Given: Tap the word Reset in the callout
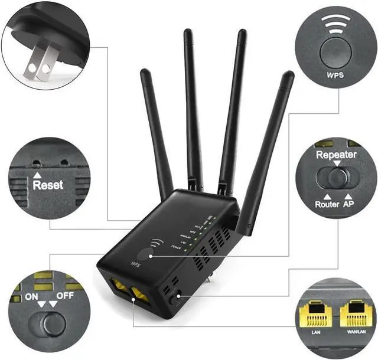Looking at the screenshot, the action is (x=48, y=185).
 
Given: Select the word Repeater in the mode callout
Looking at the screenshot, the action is (x=335, y=155).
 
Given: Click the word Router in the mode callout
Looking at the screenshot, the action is (x=327, y=204).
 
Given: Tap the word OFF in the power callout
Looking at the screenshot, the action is (x=64, y=296).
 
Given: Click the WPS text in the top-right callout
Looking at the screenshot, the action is (x=335, y=75).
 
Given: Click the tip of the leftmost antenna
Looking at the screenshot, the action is (x=144, y=71).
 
